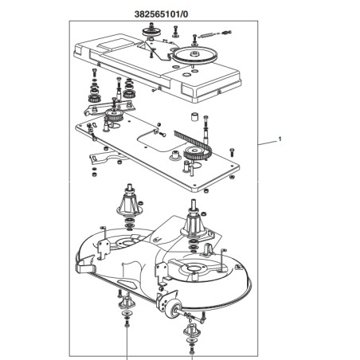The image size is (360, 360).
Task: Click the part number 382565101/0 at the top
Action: coord(161,14)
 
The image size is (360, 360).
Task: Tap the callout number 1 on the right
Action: coord(280,139)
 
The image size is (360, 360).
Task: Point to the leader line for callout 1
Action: coord(267,143)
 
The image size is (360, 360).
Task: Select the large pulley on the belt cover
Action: coord(195,55)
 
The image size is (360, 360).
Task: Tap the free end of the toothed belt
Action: coord(175,132)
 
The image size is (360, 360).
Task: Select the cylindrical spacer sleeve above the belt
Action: coord(194,116)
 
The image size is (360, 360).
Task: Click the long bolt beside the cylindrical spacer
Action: coord(205,128)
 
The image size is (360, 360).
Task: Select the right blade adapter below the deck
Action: coord(191,330)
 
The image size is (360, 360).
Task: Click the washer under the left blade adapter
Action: coord(127,315)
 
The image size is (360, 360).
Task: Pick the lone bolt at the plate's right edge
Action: coord(232,152)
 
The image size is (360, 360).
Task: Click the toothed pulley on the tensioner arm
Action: coord(113,115)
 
